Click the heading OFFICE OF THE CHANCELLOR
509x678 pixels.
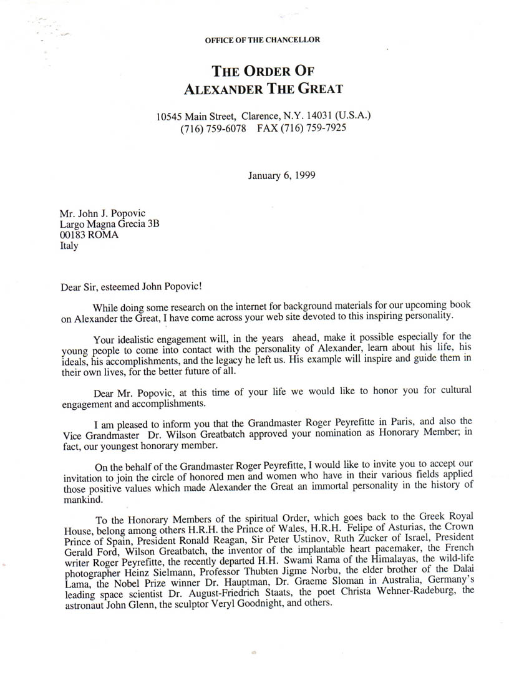262,40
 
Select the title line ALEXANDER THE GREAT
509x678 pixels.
263,88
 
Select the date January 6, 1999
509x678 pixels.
281,175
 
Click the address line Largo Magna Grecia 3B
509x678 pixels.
109,224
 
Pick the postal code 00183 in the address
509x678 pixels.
73,235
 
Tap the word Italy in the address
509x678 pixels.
69,246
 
